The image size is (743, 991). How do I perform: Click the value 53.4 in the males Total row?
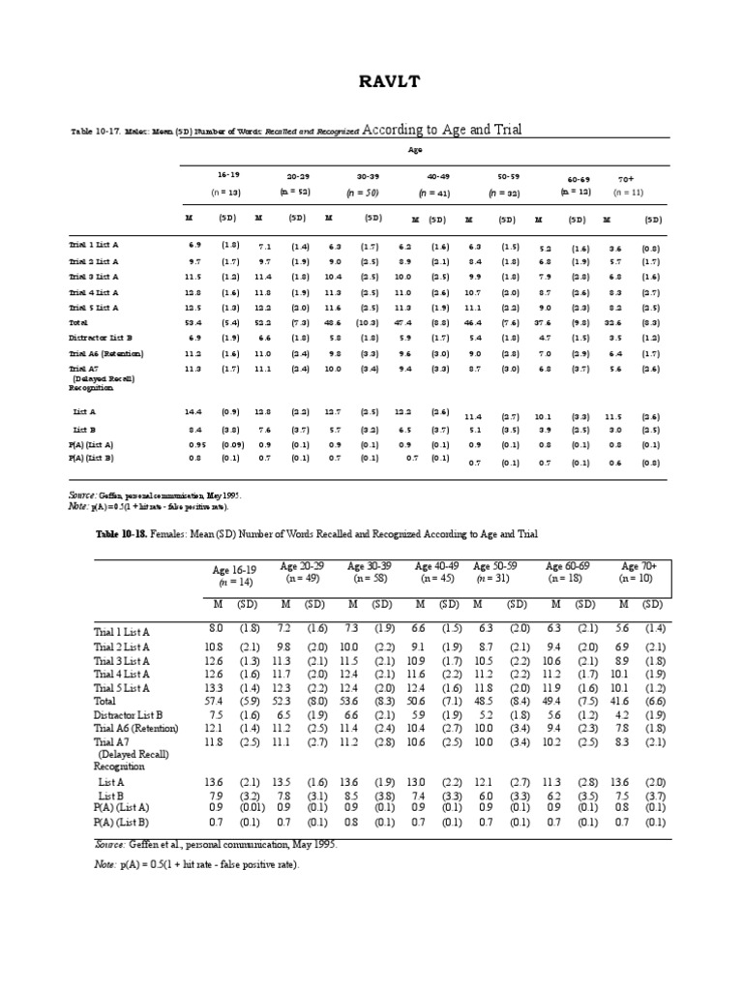pyautogui.click(x=194, y=320)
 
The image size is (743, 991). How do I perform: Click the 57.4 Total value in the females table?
pyautogui.click(x=218, y=701)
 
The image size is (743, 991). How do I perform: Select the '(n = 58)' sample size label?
pyautogui.click(x=369, y=579)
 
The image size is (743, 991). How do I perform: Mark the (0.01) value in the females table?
pyautogui.click(x=249, y=807)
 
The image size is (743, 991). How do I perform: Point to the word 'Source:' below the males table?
pyautogui.click(x=82, y=495)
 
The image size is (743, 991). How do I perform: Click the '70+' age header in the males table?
pyautogui.click(x=625, y=179)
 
